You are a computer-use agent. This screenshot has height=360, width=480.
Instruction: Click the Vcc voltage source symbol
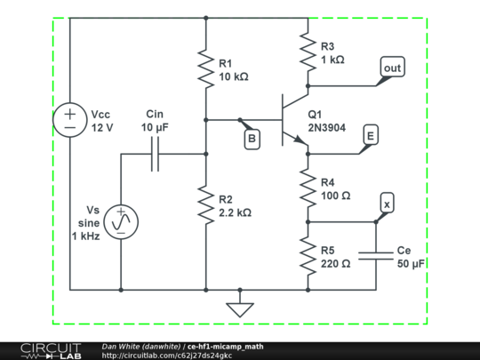[x=68, y=121]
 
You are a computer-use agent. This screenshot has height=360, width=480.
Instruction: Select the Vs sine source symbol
[x=121, y=220]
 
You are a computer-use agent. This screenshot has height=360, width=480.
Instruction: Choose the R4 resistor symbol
[x=307, y=188]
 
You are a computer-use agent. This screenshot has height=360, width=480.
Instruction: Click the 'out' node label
[x=391, y=67]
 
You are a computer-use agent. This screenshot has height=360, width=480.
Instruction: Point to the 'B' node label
[x=252, y=138]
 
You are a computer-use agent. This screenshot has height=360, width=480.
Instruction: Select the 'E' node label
[x=371, y=135]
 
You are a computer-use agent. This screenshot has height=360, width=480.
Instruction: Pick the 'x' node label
[x=386, y=204]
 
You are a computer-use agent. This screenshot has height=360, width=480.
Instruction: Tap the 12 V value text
[x=102, y=128]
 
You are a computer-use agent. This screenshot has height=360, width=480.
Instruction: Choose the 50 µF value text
[x=410, y=265]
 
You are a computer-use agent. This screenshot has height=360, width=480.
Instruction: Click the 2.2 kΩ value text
[x=235, y=213]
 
